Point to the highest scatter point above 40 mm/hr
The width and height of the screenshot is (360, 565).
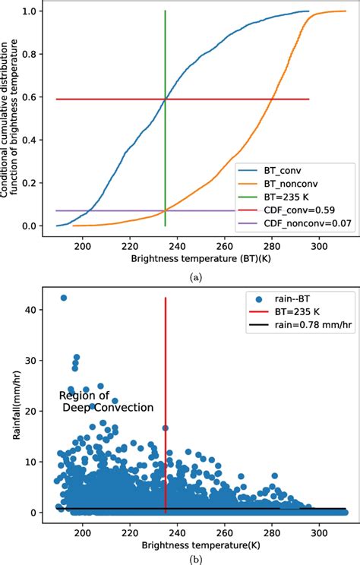pyautogui.click(x=64, y=298)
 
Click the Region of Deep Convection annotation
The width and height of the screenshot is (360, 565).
pyautogui.click(x=106, y=402)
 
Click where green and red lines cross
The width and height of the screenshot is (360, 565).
pyautogui.click(x=166, y=99)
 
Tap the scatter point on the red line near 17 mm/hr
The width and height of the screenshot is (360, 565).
pyautogui.click(x=166, y=428)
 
